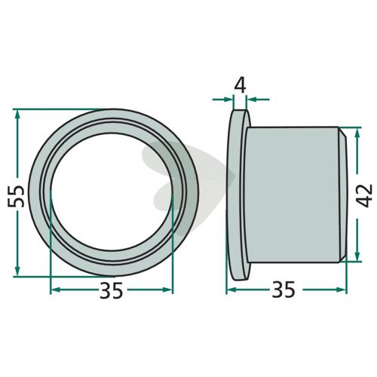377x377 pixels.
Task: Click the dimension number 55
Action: click(16, 196)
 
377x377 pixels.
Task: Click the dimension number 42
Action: click(365, 196)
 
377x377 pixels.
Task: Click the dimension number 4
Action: click(240, 85)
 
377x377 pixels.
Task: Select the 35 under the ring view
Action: click(112, 290)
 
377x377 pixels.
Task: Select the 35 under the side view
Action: click(284, 290)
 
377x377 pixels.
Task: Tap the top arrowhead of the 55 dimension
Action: click(17, 115)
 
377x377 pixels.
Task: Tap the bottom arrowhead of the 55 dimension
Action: click(17, 271)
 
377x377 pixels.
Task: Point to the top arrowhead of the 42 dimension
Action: click(357, 133)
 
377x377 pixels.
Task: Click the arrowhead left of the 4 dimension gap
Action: click(228, 100)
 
